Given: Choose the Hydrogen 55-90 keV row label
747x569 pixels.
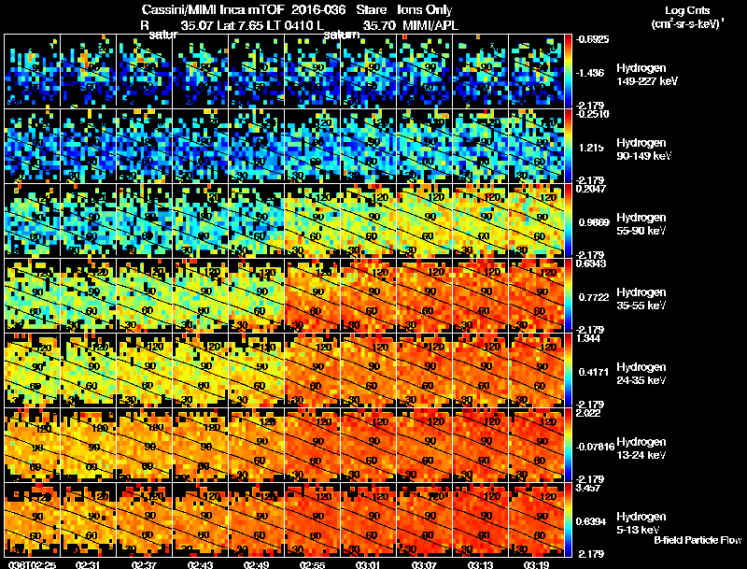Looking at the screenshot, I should [x=642, y=224].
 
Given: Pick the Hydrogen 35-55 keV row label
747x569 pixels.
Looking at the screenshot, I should [x=642, y=299].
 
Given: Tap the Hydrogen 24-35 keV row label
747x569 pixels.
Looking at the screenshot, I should [x=642, y=374].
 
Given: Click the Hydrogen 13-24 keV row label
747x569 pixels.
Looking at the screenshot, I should [x=642, y=448].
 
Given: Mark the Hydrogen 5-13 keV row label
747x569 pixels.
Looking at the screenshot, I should [x=641, y=523].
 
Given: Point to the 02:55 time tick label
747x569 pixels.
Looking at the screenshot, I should [x=313, y=563].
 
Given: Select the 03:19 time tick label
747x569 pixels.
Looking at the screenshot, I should [x=538, y=563].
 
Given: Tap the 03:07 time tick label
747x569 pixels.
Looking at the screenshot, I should [x=426, y=563].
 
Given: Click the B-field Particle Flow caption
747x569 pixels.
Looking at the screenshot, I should [x=698, y=540].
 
